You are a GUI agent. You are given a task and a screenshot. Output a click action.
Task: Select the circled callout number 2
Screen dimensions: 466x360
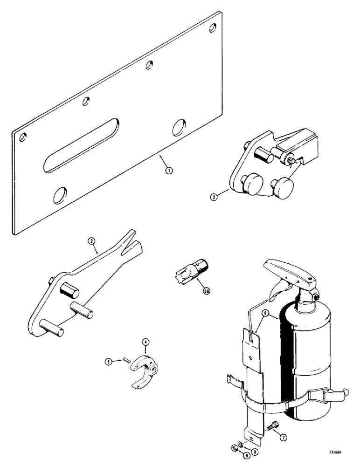(x=92, y=241)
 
